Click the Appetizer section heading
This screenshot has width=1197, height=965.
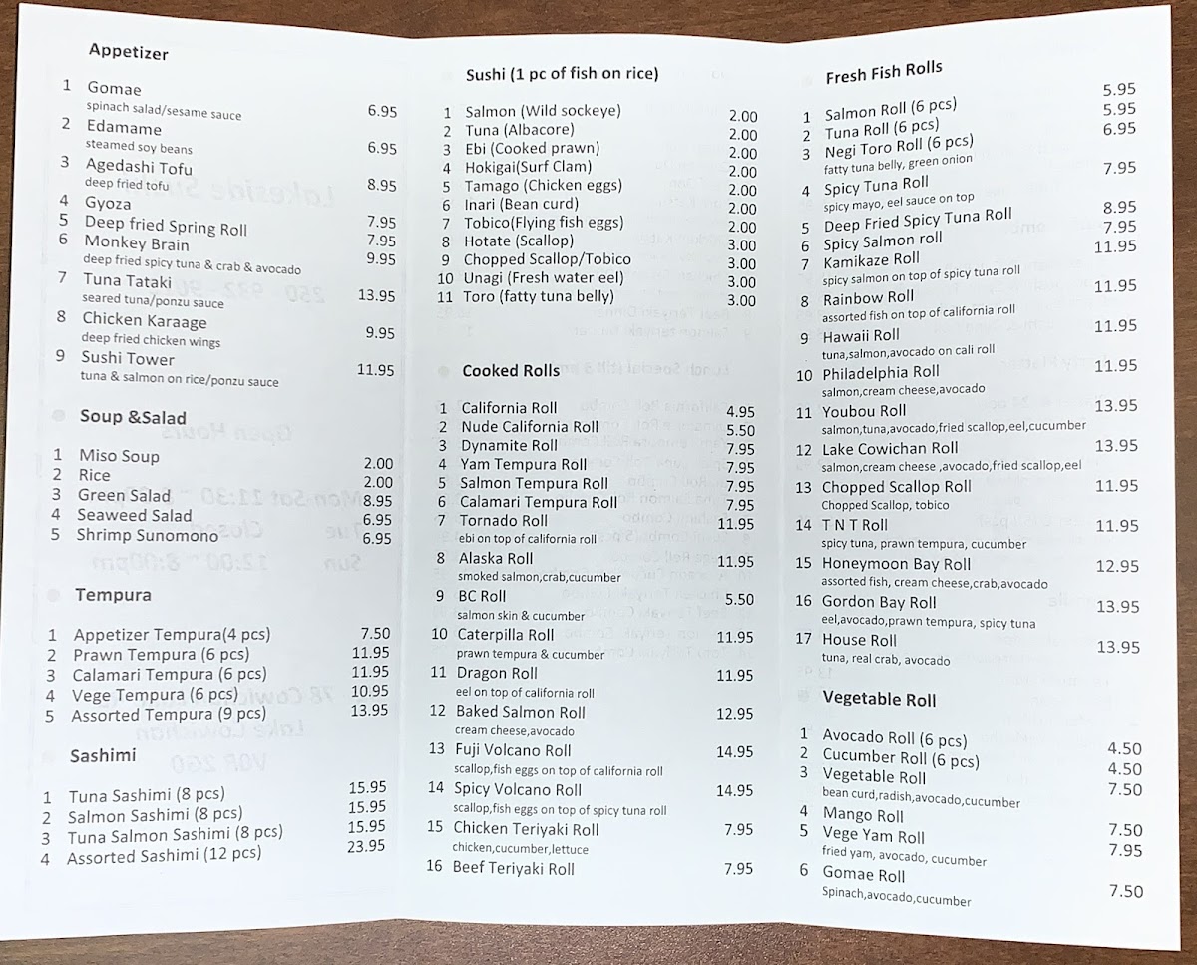(128, 50)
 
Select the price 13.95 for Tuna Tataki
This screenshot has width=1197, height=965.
(376, 295)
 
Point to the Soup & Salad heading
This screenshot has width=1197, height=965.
(133, 417)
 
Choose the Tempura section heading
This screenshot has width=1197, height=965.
(113, 595)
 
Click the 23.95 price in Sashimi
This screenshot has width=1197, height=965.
(366, 846)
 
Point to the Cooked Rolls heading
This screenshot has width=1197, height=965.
(511, 371)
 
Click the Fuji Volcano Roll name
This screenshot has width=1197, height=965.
(513, 750)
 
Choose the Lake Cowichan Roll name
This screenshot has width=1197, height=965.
(889, 449)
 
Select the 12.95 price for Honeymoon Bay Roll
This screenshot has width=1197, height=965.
(1116, 566)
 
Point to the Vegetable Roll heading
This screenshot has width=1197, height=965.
(879, 699)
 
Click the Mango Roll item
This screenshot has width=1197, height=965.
(863, 815)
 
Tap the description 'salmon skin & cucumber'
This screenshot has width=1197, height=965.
(521, 616)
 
